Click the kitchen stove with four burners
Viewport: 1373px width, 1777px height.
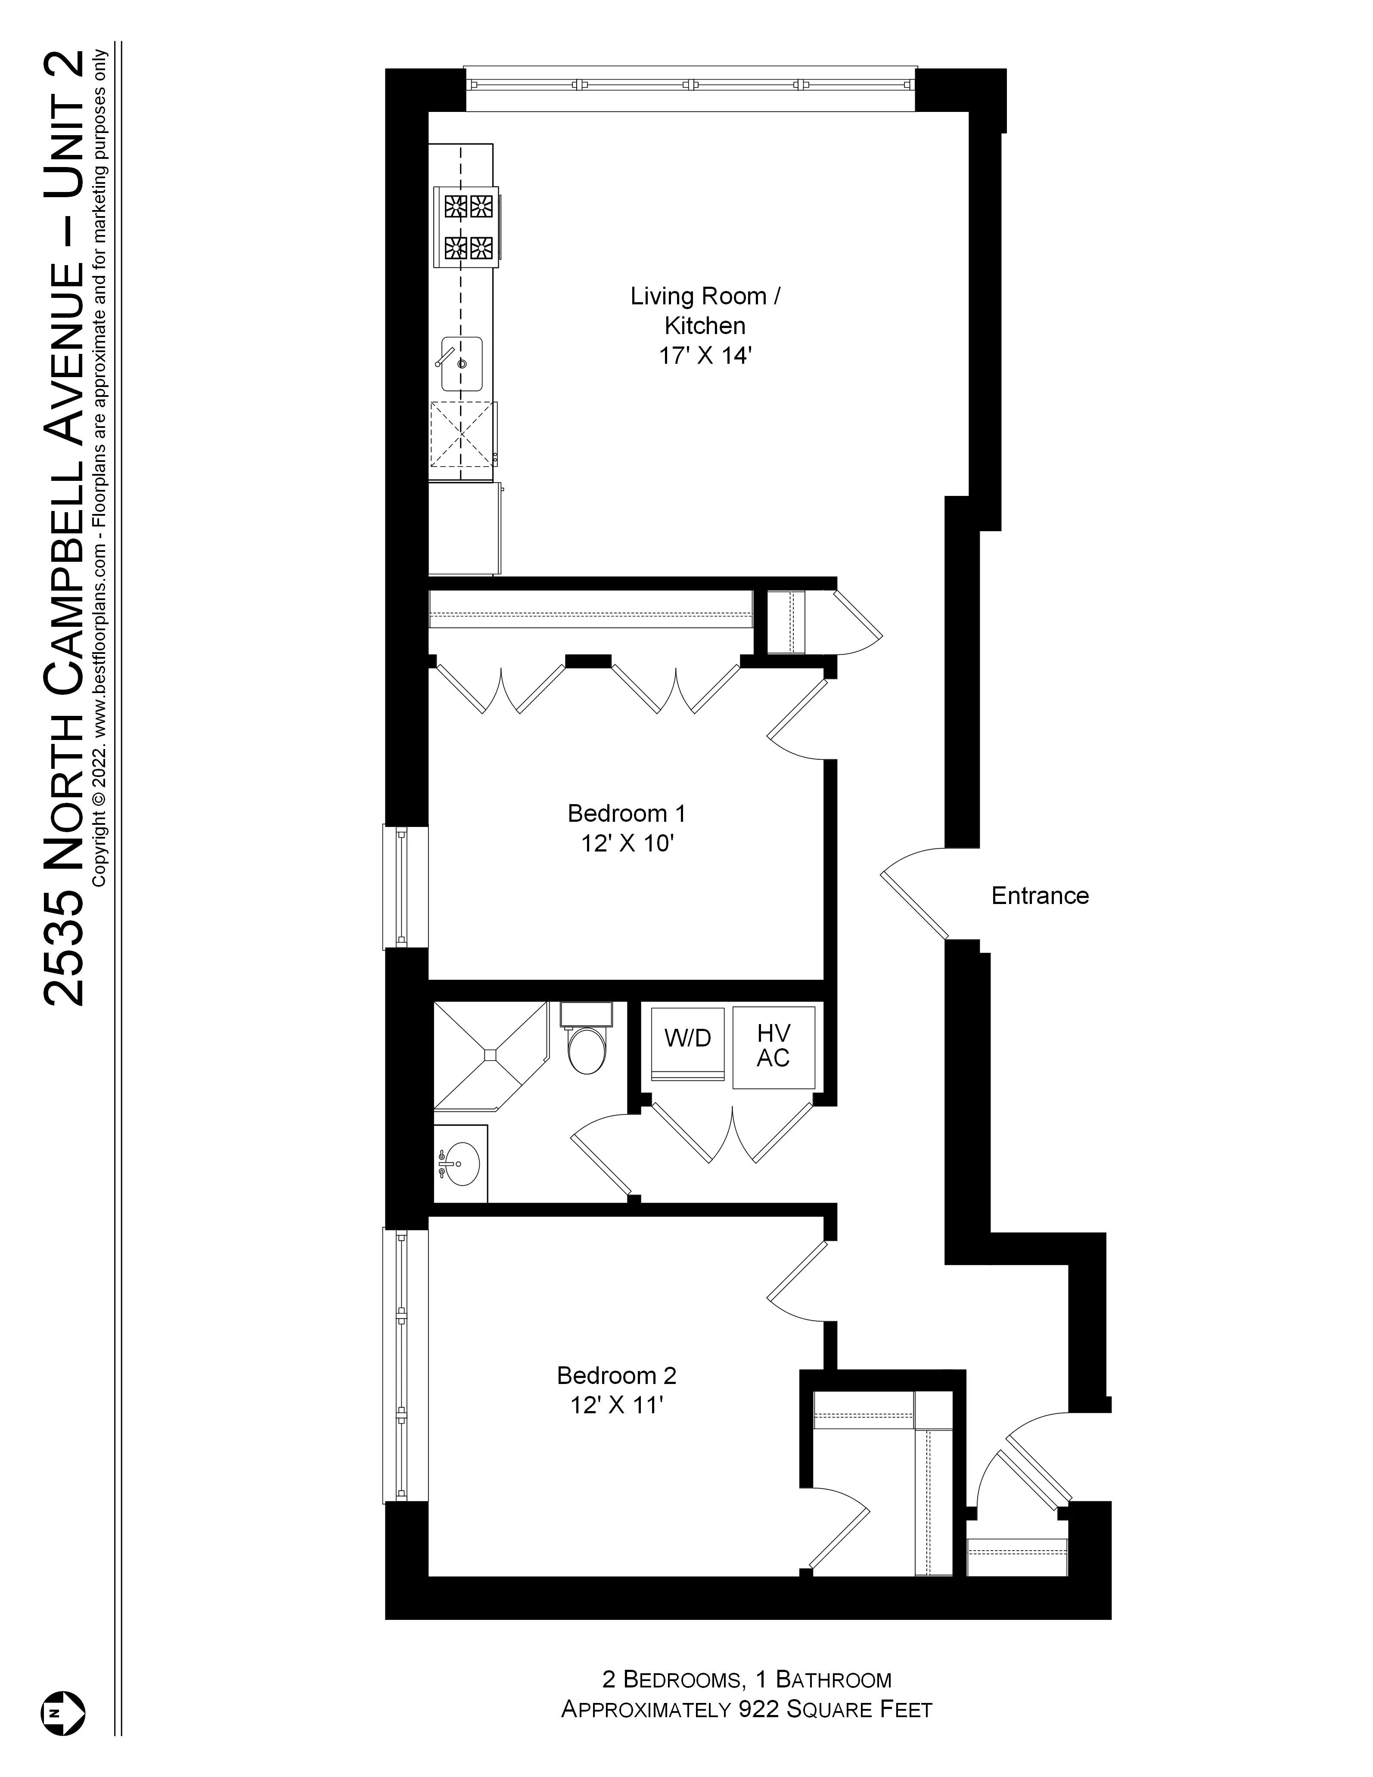pyautogui.click(x=467, y=226)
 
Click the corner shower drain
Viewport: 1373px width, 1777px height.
pyautogui.click(x=490, y=1055)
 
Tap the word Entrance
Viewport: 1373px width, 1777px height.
pyautogui.click(x=1039, y=896)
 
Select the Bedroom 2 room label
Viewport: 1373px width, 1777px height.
pyautogui.click(x=616, y=1375)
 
